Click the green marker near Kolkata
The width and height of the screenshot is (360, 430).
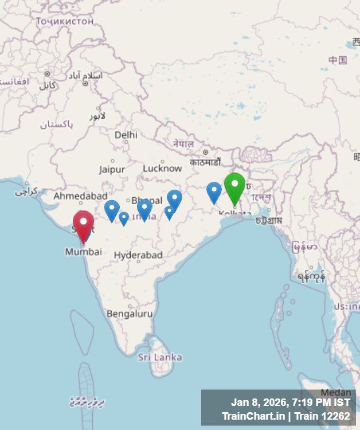tap(234, 186)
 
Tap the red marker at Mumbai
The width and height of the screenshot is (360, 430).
tap(84, 224)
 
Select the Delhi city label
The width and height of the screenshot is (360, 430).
tap(126, 135)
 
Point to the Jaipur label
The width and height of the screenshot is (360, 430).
tap(112, 169)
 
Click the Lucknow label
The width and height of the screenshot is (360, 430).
tap(162, 169)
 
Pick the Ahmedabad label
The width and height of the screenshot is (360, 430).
tap(80, 196)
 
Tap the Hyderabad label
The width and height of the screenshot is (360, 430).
tap(138, 255)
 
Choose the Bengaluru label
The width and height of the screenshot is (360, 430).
tap(130, 314)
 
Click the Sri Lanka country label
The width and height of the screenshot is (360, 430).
tap(160, 357)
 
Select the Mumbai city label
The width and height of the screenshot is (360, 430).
tap(83, 252)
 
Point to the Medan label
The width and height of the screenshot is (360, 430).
tap(335, 392)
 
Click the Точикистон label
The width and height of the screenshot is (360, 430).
tap(64, 21)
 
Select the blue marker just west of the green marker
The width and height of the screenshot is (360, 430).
tap(214, 191)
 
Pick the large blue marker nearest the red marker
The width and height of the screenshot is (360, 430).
tap(112, 209)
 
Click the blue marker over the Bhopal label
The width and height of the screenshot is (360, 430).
tap(144, 208)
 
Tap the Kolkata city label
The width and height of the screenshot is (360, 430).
tap(234, 214)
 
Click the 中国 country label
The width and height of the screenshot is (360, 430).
tap(338, 60)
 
